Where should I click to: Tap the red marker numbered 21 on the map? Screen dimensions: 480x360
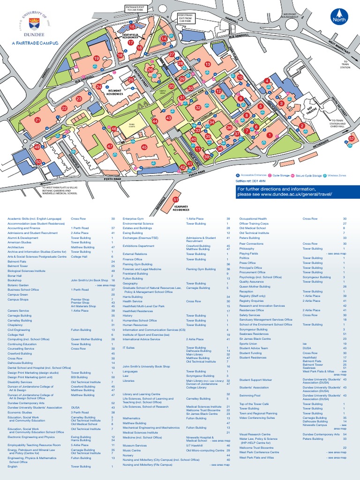point(37,120)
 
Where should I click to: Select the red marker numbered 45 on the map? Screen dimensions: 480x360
point(144,147)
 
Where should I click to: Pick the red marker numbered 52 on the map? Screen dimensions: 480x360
point(351,138)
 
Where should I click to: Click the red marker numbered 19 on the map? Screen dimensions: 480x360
point(96,59)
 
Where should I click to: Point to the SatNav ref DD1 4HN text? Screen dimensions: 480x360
point(250,180)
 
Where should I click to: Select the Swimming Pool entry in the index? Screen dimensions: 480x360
point(250,396)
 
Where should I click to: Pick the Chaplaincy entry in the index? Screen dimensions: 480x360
point(16,324)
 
